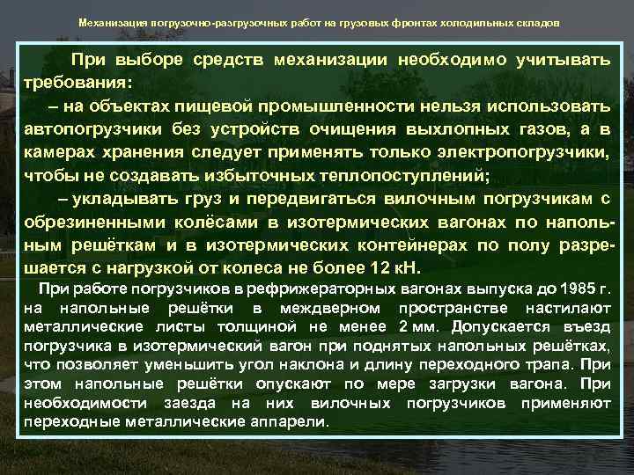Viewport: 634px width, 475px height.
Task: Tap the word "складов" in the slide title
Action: pyautogui.click(x=536, y=23)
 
